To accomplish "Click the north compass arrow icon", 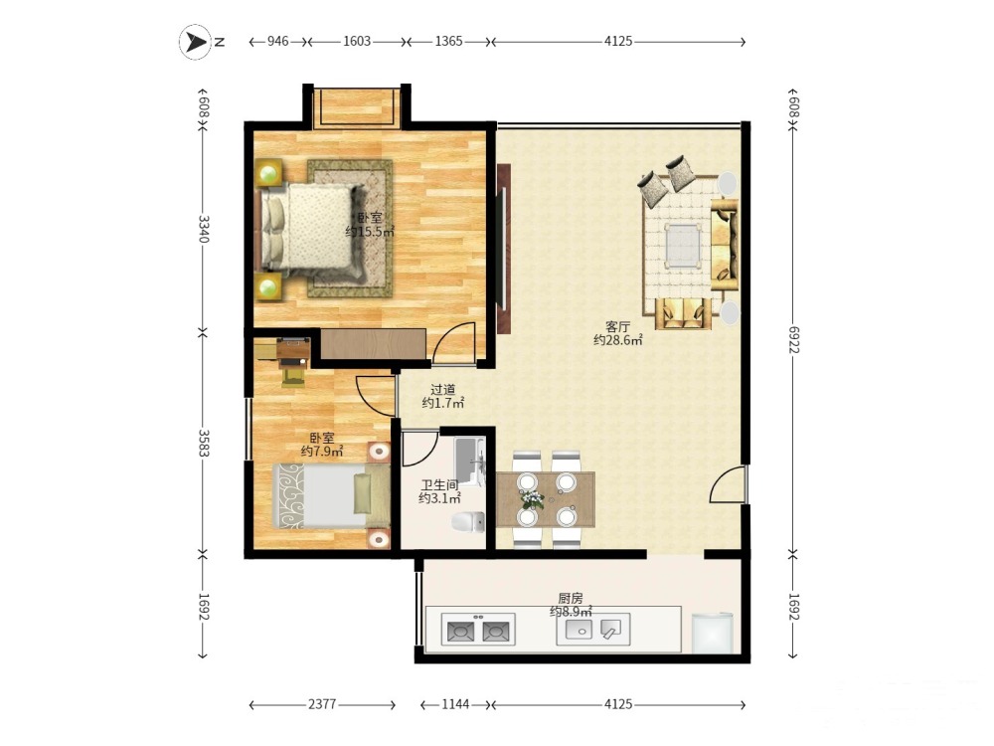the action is [x=195, y=42].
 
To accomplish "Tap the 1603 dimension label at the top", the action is [x=356, y=41].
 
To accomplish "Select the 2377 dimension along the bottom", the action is [x=322, y=704].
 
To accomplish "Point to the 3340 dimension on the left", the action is [x=203, y=229].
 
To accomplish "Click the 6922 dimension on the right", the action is [x=793, y=340].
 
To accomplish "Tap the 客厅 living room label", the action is [x=617, y=326].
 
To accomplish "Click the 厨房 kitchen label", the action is [x=570, y=598].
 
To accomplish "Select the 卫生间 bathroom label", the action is [x=439, y=484].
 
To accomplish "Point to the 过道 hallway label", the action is [x=442, y=390].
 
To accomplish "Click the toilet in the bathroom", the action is [x=468, y=521].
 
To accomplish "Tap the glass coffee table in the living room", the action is [x=683, y=245].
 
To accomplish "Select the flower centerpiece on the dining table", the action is [x=531, y=499].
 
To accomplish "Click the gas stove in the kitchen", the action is [x=478, y=630].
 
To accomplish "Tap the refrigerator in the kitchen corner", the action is [x=712, y=633].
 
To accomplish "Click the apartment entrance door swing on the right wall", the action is [x=729, y=484].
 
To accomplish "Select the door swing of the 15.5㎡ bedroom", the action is [x=454, y=343].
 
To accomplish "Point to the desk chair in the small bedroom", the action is [x=293, y=376].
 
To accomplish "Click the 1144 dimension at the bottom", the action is [x=455, y=704].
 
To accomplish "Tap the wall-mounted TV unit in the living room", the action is [x=503, y=249].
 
